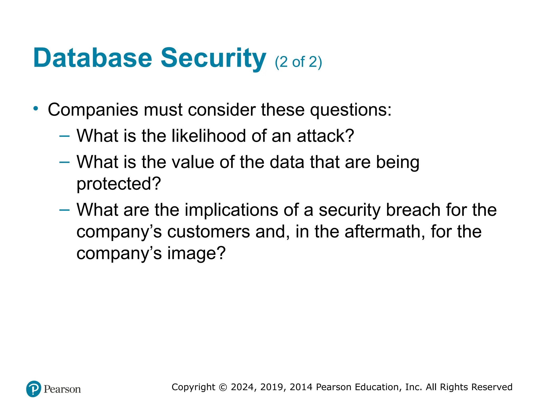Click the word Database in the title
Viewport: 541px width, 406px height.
pyautogui.click(x=92, y=58)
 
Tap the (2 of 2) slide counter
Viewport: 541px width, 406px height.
pyautogui.click(x=298, y=62)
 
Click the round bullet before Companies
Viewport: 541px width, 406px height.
pyautogui.click(x=36, y=108)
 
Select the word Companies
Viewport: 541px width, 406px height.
pyautogui.click(x=93, y=110)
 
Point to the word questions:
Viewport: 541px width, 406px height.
pyautogui.click(x=350, y=110)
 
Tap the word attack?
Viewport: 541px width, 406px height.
pyautogui.click(x=325, y=136)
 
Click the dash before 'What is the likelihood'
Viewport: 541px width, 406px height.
pyautogui.click(x=64, y=136)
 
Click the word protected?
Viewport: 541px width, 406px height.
pyautogui.click(x=119, y=184)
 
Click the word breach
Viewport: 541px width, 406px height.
pyautogui.click(x=413, y=210)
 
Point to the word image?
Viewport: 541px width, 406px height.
pyautogui.click(x=196, y=253)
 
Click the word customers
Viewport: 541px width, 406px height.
pyautogui.click(x=208, y=232)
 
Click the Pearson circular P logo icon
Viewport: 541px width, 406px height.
pyautogui.click(x=34, y=389)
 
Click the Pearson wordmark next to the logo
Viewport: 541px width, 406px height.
pyautogui.click(x=62, y=389)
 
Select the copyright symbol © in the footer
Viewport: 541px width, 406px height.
pyautogui.click(x=223, y=387)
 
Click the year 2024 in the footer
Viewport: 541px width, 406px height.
pyautogui.click(x=243, y=387)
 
